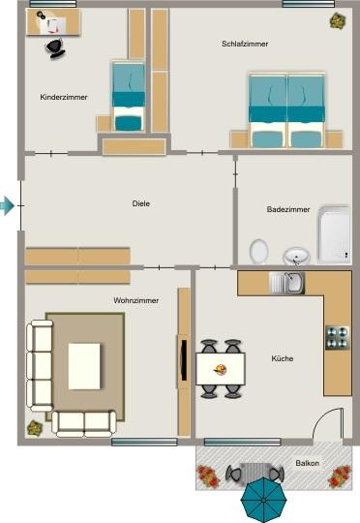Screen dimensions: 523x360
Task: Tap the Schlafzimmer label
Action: coord(244,45)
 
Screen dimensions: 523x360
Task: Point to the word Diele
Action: coord(141,203)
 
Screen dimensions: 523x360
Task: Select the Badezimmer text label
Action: coord(288,209)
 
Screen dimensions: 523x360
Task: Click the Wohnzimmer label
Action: coord(135,301)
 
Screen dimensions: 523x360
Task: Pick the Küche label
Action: coord(283,358)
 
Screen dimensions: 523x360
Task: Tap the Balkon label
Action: coord(307,464)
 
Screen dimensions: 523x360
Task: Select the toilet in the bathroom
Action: coord(258,251)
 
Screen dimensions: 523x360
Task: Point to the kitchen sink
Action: coord(287,283)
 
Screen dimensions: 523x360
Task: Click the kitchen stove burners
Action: coord(337,336)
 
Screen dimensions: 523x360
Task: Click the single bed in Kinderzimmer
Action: coord(127,97)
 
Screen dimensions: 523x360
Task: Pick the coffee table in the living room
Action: coord(85,365)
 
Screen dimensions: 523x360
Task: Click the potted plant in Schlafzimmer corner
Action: coord(337,20)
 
